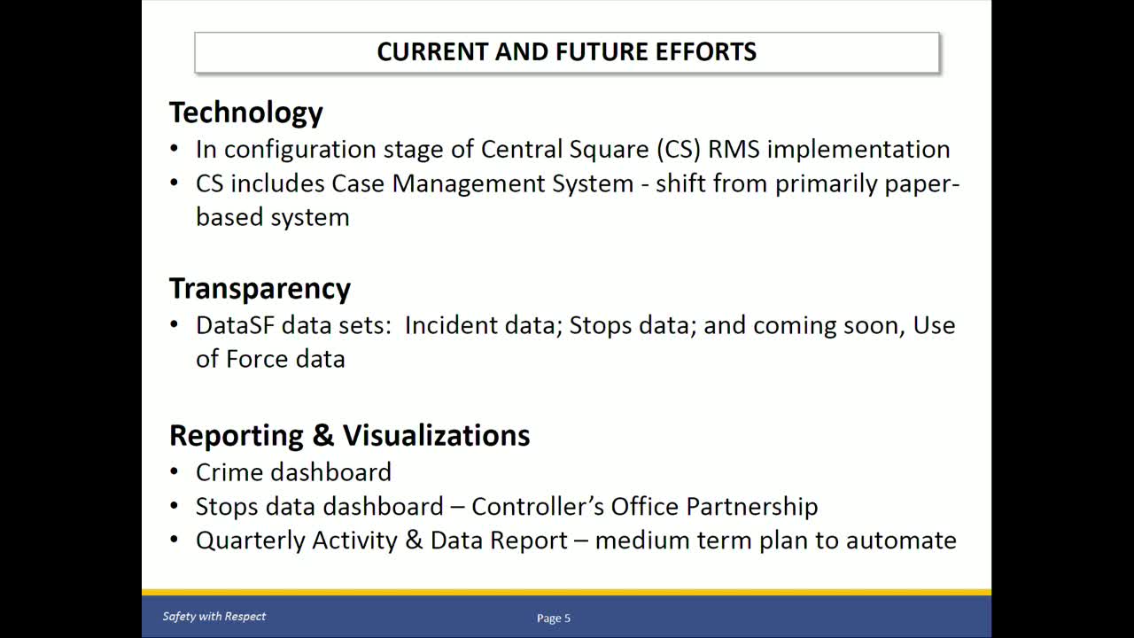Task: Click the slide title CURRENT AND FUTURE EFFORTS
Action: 566,51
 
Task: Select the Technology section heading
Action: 245,113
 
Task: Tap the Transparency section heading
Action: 260,289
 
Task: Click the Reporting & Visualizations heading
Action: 349,435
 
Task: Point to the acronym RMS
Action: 734,149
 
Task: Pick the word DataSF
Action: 235,325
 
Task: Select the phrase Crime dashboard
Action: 293,472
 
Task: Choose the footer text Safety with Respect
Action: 214,617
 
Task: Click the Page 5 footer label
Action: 554,619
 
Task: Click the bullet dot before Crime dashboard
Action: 175,473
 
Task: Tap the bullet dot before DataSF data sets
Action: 175,326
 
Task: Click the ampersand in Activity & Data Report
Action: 414,541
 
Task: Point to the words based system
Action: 272,217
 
